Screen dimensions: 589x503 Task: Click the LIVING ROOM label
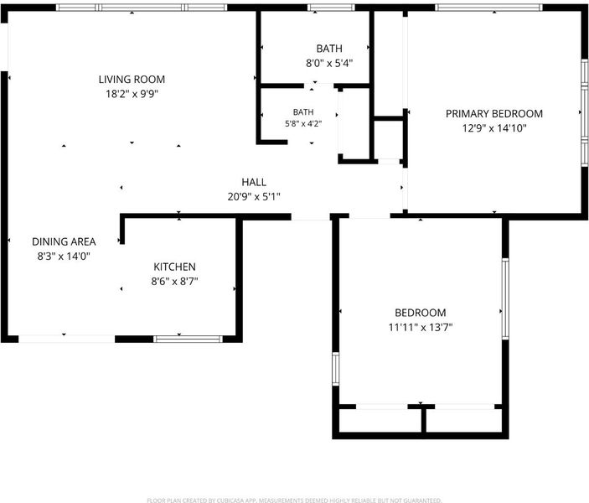[x=132, y=80]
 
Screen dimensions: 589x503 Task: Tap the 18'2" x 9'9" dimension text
[x=132, y=94]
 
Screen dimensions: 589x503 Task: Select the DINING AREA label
[x=64, y=241]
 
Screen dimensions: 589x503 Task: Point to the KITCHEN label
[x=174, y=267]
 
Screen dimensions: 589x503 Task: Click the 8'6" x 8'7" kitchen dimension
[x=174, y=281]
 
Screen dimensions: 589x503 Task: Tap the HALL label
[x=254, y=182]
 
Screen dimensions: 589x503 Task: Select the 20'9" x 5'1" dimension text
[x=254, y=197]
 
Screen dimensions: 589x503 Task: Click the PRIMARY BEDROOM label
[x=494, y=113]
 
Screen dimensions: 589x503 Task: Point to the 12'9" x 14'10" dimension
[x=494, y=128]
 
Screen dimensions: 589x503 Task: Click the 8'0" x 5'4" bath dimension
[x=329, y=63]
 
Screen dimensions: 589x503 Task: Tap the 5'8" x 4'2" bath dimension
[x=303, y=124]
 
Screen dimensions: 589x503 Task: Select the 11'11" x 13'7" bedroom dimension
[x=421, y=328]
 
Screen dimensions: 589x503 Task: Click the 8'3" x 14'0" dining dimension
[x=64, y=257]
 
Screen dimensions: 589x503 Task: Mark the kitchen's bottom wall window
[x=188, y=339]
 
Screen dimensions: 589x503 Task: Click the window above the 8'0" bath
[x=331, y=8]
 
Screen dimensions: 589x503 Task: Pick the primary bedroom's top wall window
[x=488, y=8]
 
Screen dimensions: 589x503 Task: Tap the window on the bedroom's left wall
[x=336, y=369]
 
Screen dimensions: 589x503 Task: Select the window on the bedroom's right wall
[x=505, y=299]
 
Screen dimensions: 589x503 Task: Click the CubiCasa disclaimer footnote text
[x=294, y=500]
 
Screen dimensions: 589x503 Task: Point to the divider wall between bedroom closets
[x=424, y=420]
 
